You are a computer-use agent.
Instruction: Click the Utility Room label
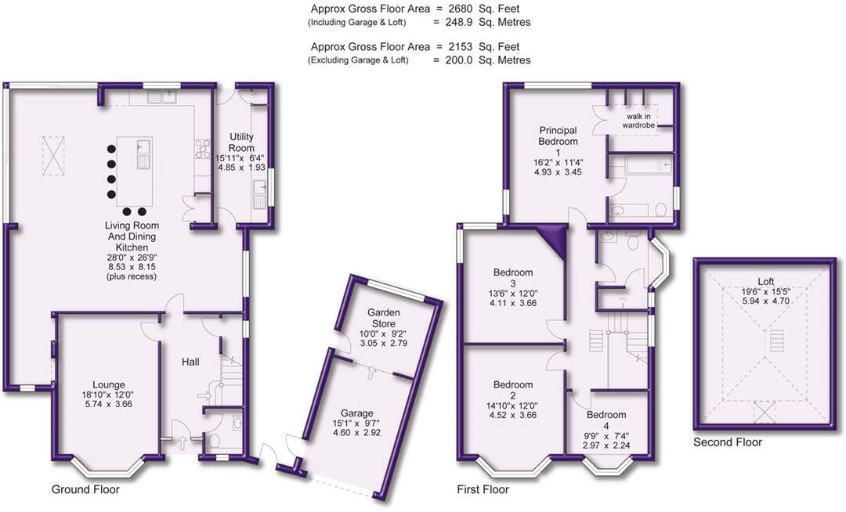click(x=241, y=142)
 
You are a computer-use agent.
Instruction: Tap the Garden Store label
click(x=384, y=318)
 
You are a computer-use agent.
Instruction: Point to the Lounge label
click(x=108, y=385)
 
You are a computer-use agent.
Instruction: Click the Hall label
click(x=190, y=362)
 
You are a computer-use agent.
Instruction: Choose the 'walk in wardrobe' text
click(x=638, y=121)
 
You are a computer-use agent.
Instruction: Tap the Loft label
click(x=765, y=281)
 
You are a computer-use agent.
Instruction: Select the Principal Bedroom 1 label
click(x=558, y=141)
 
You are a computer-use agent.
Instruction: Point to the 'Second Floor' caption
click(x=727, y=442)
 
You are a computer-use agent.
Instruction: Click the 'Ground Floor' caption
click(x=85, y=489)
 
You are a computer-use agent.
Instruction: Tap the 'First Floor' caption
click(x=483, y=489)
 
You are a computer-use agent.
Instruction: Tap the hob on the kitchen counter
click(x=202, y=149)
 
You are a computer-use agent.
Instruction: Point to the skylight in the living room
click(x=53, y=156)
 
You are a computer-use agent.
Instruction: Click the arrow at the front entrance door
click(x=182, y=443)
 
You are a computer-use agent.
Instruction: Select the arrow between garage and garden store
click(x=371, y=373)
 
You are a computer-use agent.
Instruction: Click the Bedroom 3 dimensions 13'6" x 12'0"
click(x=512, y=294)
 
